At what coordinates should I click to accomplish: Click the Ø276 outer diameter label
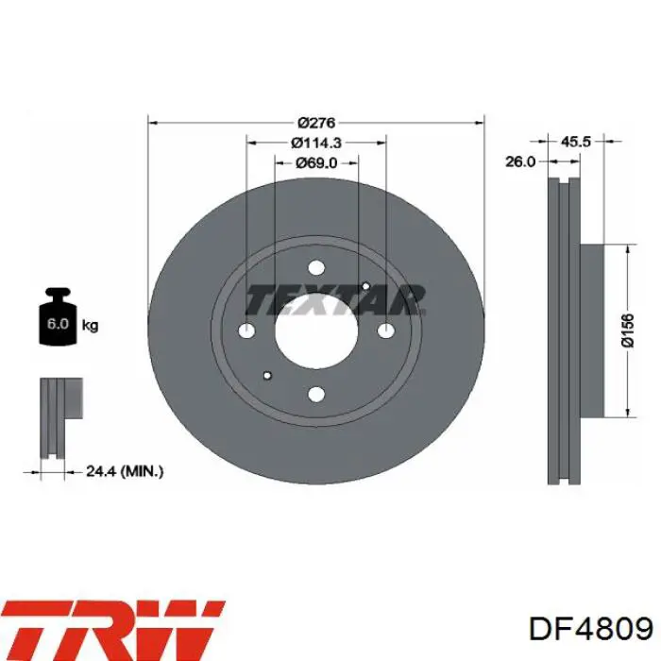[316, 122]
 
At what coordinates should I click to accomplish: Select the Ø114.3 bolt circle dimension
[316, 143]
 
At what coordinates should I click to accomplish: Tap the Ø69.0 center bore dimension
[316, 162]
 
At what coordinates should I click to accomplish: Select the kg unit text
[91, 326]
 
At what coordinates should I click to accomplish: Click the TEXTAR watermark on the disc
[335, 300]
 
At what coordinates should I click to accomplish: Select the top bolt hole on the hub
[316, 269]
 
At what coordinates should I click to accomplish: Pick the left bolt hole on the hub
[247, 331]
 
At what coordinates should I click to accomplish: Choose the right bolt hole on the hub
[385, 331]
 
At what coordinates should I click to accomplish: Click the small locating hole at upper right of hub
[365, 285]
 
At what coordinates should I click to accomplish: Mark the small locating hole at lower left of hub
[268, 375]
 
